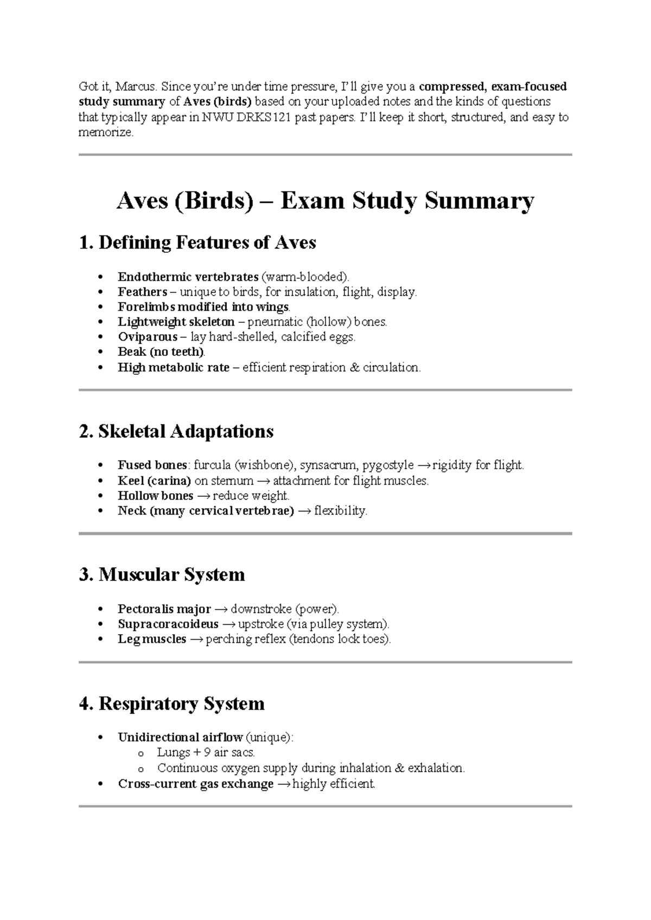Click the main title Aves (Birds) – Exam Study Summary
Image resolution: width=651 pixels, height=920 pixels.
click(325, 201)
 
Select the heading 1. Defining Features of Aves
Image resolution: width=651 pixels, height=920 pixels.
click(197, 242)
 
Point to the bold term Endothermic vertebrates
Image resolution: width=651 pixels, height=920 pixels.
click(188, 277)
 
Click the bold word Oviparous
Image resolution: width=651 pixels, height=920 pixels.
click(148, 337)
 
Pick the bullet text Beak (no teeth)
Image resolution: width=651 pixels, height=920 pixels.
click(161, 352)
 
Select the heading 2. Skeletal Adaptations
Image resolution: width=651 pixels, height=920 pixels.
click(176, 432)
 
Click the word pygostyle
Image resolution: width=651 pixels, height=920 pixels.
click(388, 465)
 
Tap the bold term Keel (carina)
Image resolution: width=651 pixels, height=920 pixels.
click(154, 481)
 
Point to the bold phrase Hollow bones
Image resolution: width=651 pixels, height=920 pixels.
click(155, 496)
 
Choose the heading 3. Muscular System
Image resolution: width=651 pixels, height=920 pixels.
click(162, 574)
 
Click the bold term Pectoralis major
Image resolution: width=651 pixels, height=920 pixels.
click(164, 609)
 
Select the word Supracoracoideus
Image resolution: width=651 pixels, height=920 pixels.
click(168, 624)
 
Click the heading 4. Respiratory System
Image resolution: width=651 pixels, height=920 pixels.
click(172, 704)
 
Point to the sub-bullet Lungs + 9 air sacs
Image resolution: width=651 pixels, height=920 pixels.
click(206, 753)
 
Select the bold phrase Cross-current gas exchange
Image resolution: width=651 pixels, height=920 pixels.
click(195, 784)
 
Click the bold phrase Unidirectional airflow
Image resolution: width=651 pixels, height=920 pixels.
click(180, 738)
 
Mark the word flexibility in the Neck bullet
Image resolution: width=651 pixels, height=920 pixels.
click(340, 511)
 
